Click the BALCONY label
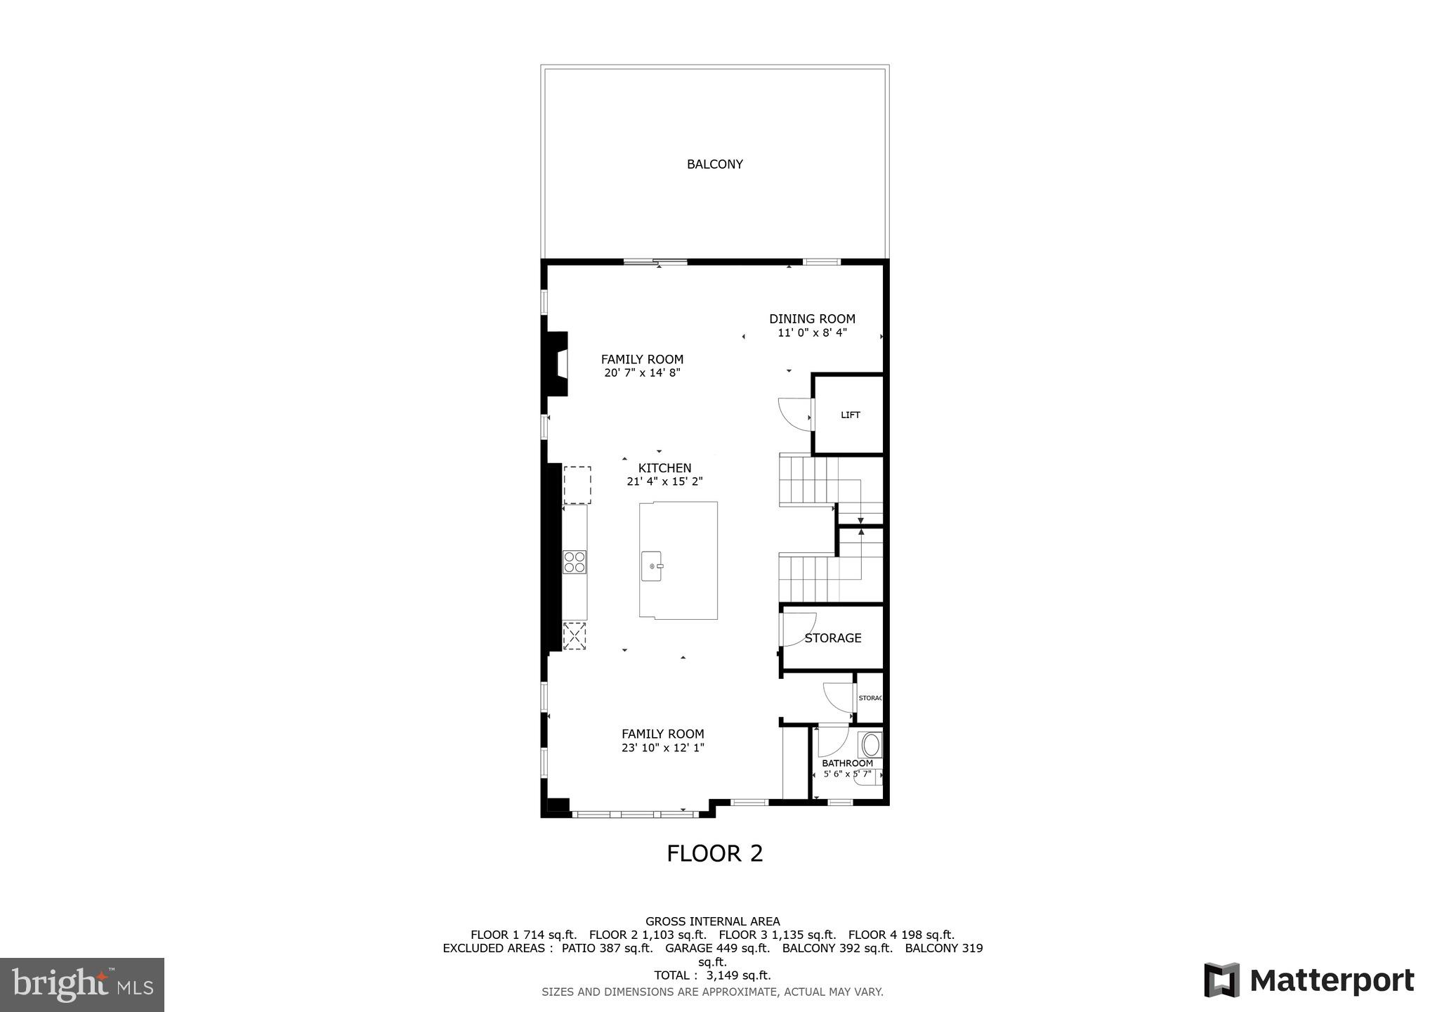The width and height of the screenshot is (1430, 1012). (714, 164)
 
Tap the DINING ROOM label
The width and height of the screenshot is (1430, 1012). (812, 319)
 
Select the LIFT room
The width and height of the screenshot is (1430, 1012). (849, 415)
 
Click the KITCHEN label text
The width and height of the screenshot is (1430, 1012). (664, 468)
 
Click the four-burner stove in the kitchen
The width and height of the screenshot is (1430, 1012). (575, 562)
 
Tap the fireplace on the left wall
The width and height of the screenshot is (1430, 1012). (558, 363)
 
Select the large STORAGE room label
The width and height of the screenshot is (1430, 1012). (833, 638)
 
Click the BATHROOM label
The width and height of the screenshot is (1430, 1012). (847, 763)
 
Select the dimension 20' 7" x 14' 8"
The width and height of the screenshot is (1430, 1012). (642, 373)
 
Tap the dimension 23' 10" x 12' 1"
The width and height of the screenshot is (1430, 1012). (662, 748)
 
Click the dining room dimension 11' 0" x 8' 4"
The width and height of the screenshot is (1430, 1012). (812, 333)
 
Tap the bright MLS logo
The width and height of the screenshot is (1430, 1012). (82, 985)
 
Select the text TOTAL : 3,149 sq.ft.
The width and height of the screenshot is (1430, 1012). (712, 975)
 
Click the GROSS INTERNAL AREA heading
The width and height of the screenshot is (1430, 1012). (712, 921)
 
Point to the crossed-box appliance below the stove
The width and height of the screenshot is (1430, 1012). (575, 637)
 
